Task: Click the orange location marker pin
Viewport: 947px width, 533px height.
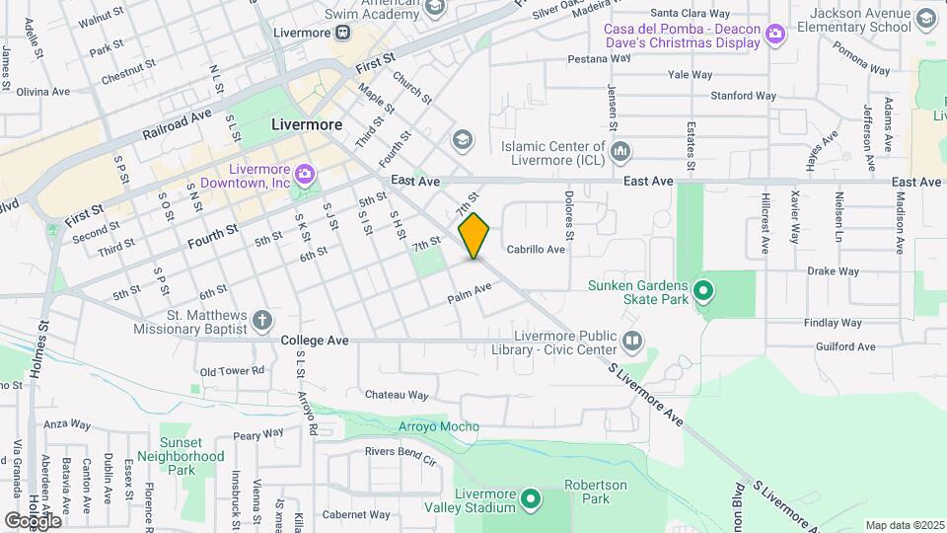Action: (x=474, y=236)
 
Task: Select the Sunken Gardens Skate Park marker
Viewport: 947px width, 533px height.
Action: (x=703, y=290)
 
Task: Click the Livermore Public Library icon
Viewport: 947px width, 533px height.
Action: (x=631, y=342)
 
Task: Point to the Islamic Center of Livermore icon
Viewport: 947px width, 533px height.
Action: (x=620, y=151)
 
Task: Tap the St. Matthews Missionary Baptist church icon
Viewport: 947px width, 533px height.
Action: (x=261, y=320)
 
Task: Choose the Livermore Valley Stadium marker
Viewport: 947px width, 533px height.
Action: (x=531, y=499)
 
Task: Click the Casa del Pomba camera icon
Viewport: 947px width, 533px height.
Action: (x=775, y=35)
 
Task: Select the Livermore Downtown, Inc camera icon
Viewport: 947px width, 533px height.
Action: (x=305, y=175)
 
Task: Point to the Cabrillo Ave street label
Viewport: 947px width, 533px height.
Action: (x=536, y=250)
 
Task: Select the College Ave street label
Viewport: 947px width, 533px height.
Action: (x=315, y=340)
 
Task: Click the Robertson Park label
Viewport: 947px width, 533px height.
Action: (x=595, y=492)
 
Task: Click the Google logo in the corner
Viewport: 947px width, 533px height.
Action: (x=32, y=519)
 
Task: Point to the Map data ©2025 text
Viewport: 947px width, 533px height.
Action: (x=904, y=525)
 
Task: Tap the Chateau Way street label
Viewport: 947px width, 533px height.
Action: (x=397, y=395)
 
